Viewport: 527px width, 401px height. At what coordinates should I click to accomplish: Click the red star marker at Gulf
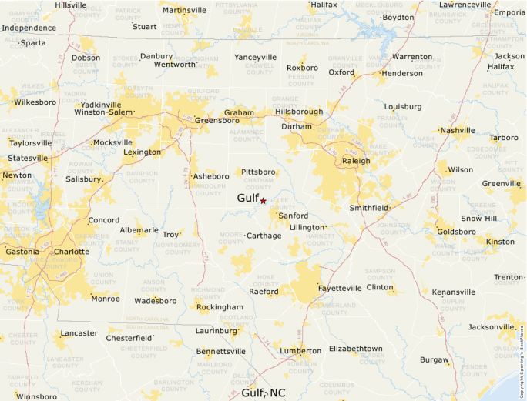[263, 200]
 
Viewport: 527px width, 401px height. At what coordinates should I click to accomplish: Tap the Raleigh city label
[356, 161]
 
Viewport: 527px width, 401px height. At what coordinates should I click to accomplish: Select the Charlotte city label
[72, 252]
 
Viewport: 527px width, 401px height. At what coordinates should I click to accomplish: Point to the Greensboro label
[217, 120]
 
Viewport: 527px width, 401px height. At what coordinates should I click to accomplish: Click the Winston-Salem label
[103, 112]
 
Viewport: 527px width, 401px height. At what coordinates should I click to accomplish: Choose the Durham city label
[297, 126]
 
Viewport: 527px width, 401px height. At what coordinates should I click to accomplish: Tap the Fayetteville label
[340, 289]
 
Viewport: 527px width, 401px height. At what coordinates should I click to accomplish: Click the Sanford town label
[294, 216]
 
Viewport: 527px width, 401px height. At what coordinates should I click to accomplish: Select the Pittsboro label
[259, 172]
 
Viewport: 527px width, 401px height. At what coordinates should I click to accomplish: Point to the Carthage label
[264, 236]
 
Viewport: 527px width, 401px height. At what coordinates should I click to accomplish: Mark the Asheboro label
[211, 176]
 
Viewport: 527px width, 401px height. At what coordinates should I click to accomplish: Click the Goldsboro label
[456, 231]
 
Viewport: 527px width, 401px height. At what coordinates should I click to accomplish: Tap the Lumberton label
[300, 351]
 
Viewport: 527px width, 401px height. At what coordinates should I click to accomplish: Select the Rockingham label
[220, 307]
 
